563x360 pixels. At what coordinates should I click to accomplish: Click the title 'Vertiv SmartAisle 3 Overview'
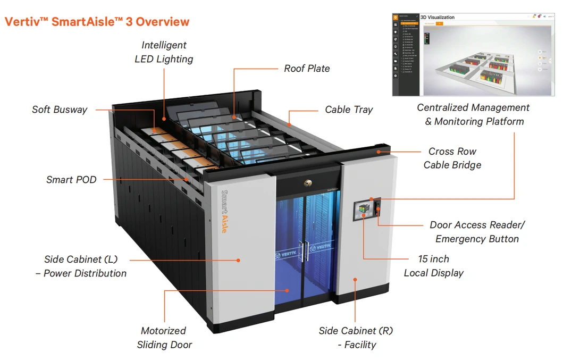click(x=97, y=22)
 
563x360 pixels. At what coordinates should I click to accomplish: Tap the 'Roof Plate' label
click(x=307, y=69)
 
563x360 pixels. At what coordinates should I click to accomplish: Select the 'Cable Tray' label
click(x=349, y=110)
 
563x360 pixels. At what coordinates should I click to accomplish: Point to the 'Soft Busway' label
click(x=60, y=110)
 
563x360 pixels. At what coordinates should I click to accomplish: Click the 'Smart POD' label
click(x=71, y=180)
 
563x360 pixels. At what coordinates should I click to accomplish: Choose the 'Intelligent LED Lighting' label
click(x=164, y=52)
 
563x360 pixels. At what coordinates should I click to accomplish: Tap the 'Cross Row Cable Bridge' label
click(x=452, y=158)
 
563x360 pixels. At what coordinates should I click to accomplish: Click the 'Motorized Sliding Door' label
click(x=164, y=338)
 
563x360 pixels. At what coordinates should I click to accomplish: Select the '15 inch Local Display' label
click(x=433, y=266)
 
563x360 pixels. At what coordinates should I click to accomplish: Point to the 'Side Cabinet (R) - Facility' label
click(x=356, y=338)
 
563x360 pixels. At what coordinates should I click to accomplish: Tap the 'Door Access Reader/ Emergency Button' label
click(x=477, y=232)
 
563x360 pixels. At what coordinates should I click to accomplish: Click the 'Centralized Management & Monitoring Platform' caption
click(x=474, y=114)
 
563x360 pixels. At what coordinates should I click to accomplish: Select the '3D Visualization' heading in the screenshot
click(x=438, y=17)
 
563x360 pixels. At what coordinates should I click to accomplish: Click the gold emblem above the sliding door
click(x=308, y=182)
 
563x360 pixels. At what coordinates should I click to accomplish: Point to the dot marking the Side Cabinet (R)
click(x=354, y=278)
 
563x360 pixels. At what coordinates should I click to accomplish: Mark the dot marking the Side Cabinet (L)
click(x=239, y=260)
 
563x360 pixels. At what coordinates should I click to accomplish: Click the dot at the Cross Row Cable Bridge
click(x=379, y=151)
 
